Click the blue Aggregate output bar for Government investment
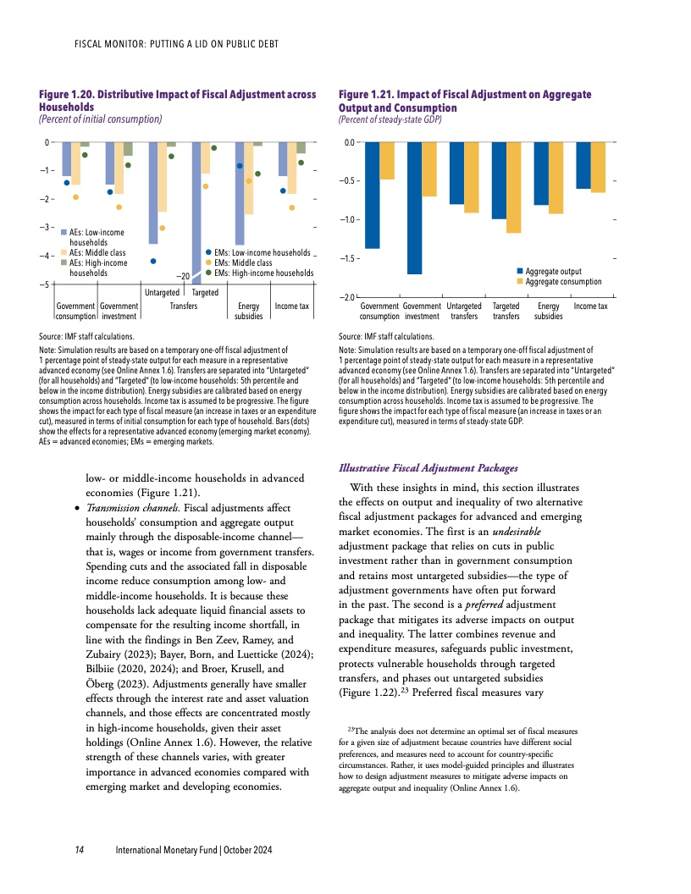414,207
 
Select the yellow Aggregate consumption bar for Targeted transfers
513,187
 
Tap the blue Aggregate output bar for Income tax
583,165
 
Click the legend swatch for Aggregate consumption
520,281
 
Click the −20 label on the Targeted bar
182,276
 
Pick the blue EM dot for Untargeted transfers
153,261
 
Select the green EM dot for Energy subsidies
258,174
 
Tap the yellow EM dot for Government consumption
76,197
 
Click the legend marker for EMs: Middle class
208,262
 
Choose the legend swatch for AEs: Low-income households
63,232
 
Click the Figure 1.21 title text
464,101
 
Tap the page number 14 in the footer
78,849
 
